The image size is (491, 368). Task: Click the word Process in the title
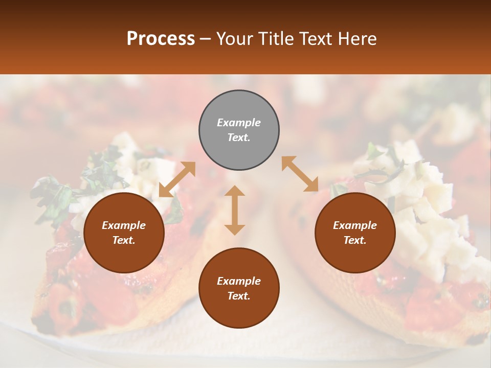[x=161, y=39]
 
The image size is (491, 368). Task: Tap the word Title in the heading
[x=274, y=39]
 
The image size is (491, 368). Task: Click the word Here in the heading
[x=356, y=39]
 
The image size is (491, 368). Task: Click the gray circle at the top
[x=239, y=130]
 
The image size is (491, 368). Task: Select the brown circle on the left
[x=124, y=233]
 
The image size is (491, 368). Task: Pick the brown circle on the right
[x=355, y=233]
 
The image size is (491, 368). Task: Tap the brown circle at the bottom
[x=239, y=288]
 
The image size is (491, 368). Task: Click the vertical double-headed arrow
[x=235, y=210]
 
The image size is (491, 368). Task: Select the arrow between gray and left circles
[x=177, y=179]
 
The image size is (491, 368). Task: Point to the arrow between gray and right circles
[x=300, y=174]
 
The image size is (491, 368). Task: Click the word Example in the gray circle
[x=239, y=123]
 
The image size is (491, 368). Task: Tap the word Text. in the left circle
[x=124, y=240]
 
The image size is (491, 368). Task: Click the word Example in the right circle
[x=355, y=225]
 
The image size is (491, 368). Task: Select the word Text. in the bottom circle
[x=239, y=296]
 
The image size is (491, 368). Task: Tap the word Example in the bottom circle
[x=239, y=281]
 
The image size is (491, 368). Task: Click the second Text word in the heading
[x=316, y=39]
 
